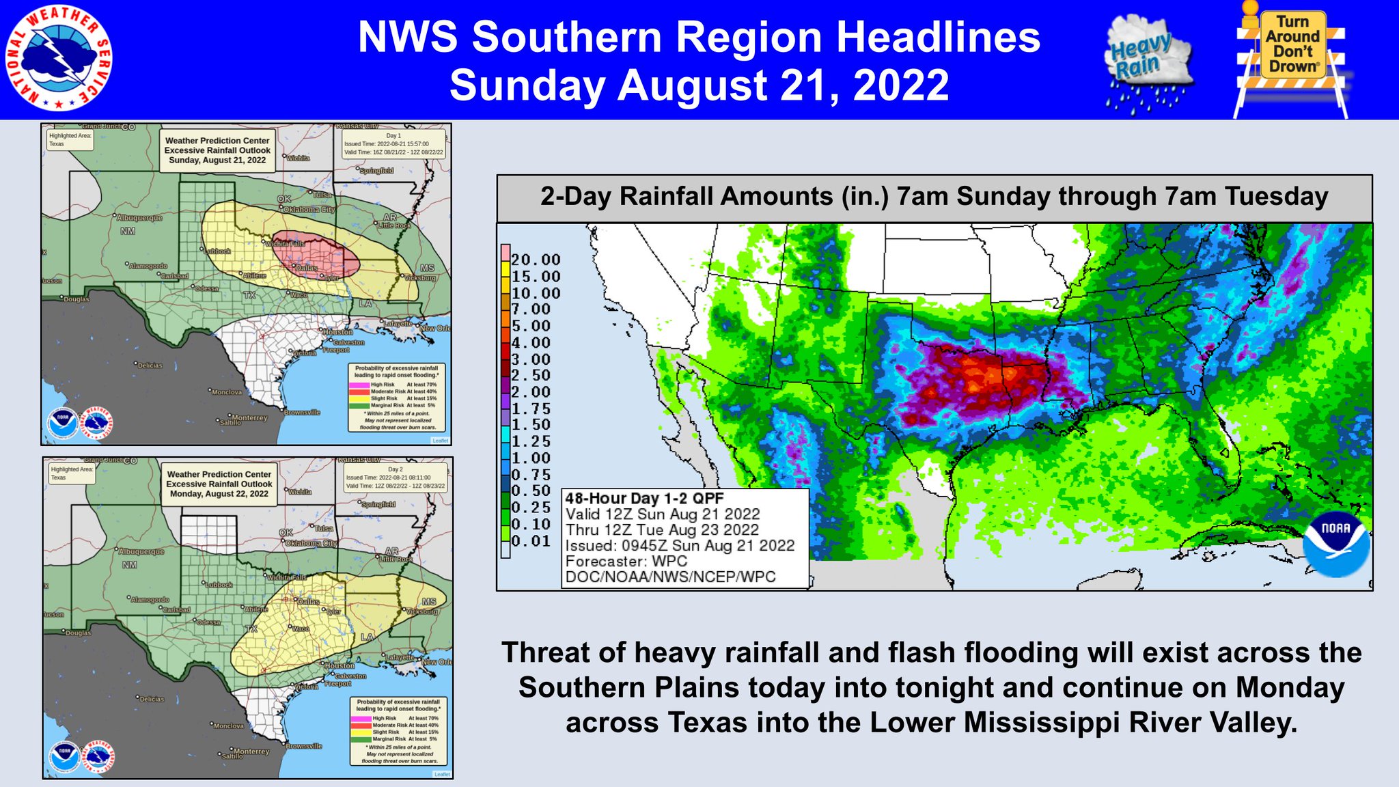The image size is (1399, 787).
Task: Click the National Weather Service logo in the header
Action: click(x=59, y=59)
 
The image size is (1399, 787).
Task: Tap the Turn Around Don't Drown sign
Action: click(x=1290, y=59)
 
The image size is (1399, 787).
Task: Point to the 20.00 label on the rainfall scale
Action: click(x=536, y=260)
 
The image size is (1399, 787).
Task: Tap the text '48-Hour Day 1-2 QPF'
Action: click(x=643, y=499)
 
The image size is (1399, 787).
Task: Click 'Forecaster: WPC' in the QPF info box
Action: click(x=626, y=561)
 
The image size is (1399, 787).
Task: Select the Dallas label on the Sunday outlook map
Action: click(x=307, y=268)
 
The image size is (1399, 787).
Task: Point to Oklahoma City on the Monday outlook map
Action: click(x=311, y=543)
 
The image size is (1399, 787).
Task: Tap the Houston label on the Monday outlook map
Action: click(x=340, y=665)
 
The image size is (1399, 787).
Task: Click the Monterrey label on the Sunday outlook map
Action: click(x=249, y=417)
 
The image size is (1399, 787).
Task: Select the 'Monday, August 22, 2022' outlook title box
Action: click(x=219, y=484)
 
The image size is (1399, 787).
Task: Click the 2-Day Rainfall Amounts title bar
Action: click(x=934, y=197)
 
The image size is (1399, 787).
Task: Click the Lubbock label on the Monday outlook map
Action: click(x=219, y=585)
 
